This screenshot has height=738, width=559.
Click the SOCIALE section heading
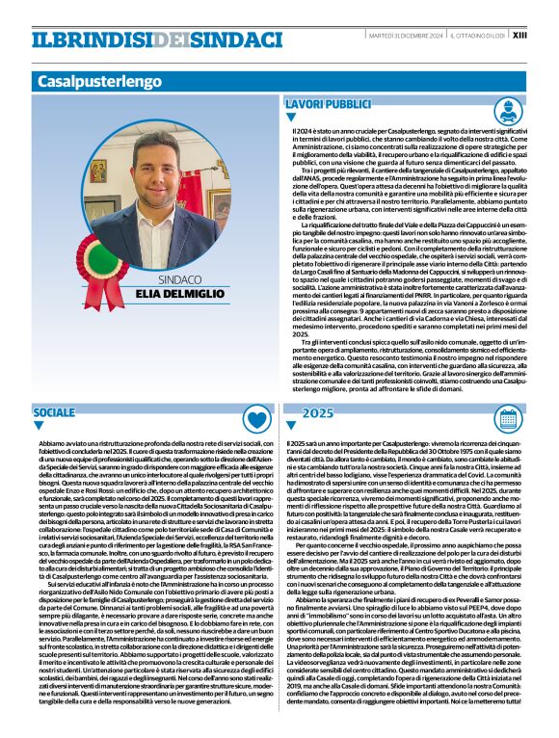(54, 412)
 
